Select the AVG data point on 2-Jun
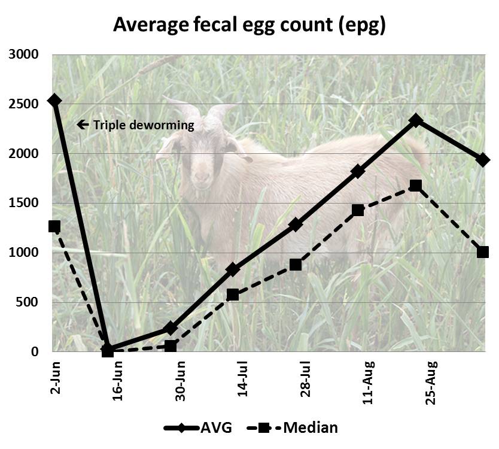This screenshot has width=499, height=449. (54, 101)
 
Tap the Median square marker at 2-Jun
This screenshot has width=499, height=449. (54, 226)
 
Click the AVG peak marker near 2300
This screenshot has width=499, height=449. (416, 121)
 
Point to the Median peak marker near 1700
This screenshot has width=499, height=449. (416, 186)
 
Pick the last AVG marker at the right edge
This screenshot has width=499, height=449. (483, 160)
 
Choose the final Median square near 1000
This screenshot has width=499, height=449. (483, 252)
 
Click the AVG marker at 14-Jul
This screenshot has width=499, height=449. (233, 270)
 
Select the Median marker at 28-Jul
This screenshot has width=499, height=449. (295, 265)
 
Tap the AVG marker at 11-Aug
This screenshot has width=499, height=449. (358, 172)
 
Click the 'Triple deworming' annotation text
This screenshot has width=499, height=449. (143, 125)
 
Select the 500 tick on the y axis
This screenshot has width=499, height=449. (28, 302)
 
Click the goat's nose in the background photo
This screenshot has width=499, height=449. (202, 177)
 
